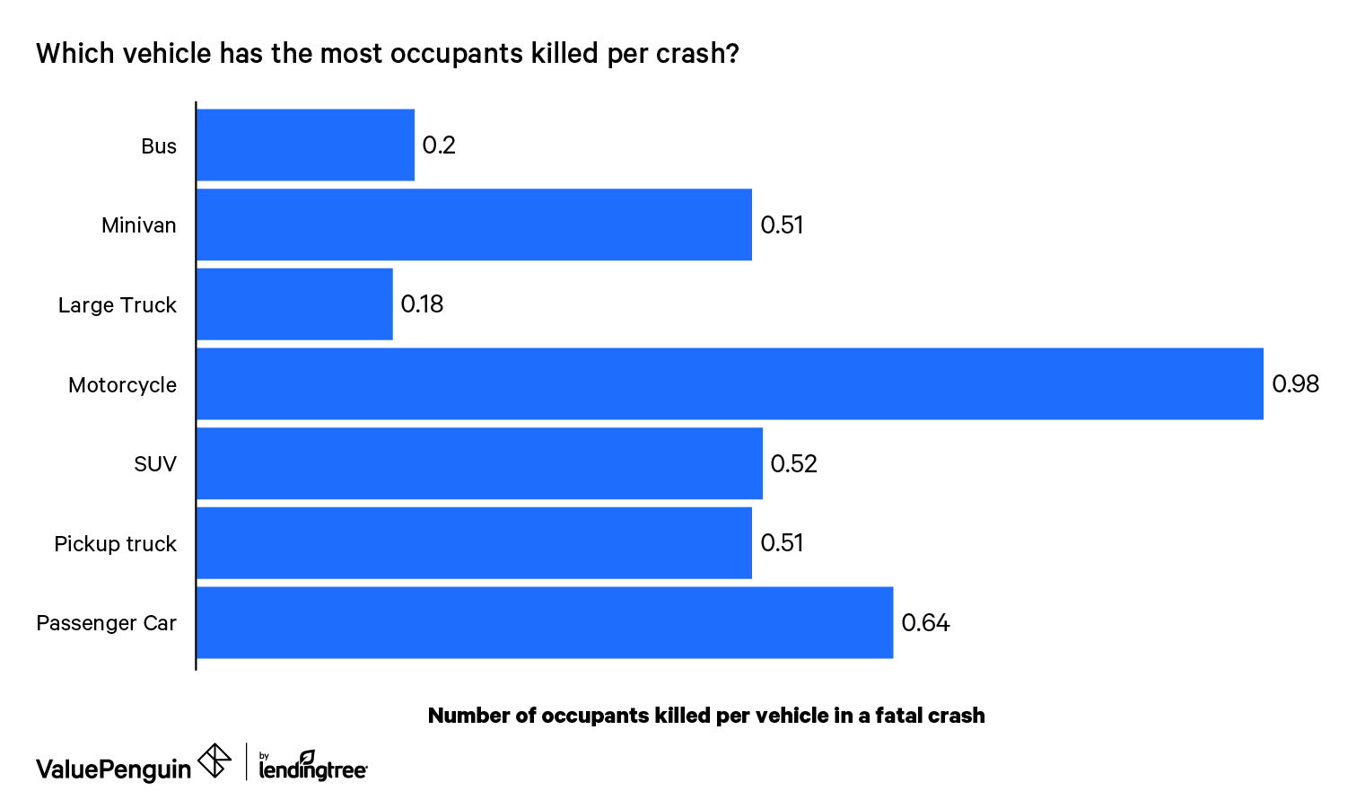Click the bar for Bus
point(305,145)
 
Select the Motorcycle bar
point(730,384)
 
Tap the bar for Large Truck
point(294,304)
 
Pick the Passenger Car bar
point(545,623)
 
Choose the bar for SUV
point(479,464)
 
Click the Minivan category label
point(138,225)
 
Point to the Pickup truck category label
point(115,544)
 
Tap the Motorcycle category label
point(122,385)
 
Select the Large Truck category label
point(117,305)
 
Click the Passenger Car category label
point(106,623)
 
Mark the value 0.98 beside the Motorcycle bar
point(1295,384)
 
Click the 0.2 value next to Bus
point(439,145)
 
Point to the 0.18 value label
point(422,304)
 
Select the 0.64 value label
point(925,623)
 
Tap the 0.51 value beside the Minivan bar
point(782,225)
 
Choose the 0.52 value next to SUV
point(793,464)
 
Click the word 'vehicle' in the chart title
point(168,54)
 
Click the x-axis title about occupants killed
point(706,716)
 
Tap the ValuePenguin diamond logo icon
point(214,761)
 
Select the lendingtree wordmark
point(312,769)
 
